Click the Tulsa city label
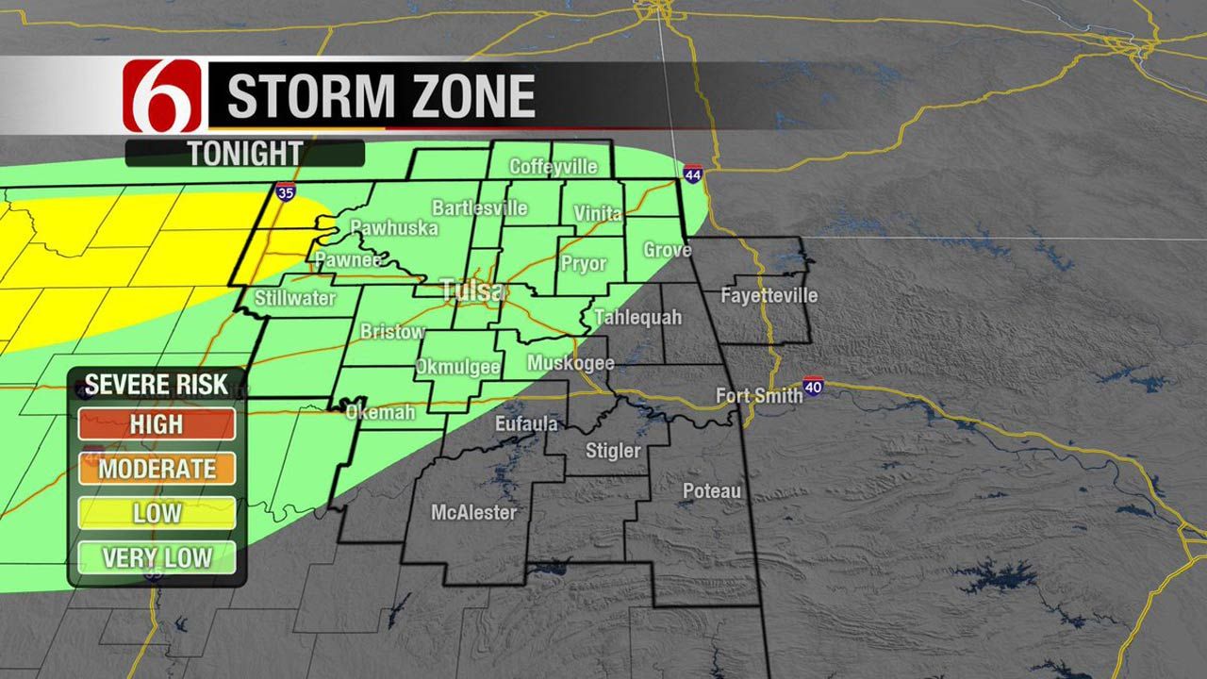coord(472,290)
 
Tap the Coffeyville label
coord(554,167)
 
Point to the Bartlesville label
coord(480,207)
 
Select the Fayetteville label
coord(769,295)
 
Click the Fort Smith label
coord(759,395)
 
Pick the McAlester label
coord(473,513)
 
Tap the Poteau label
coord(712,491)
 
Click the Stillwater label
coord(295,299)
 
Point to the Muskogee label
coord(570,363)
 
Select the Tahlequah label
coord(637,317)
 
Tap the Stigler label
coord(613,452)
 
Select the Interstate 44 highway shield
coord(693,174)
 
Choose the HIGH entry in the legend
coord(157,424)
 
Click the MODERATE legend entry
coord(157,469)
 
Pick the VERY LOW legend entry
coord(157,557)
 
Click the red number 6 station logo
coord(162,96)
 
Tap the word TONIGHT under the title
coord(244,153)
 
